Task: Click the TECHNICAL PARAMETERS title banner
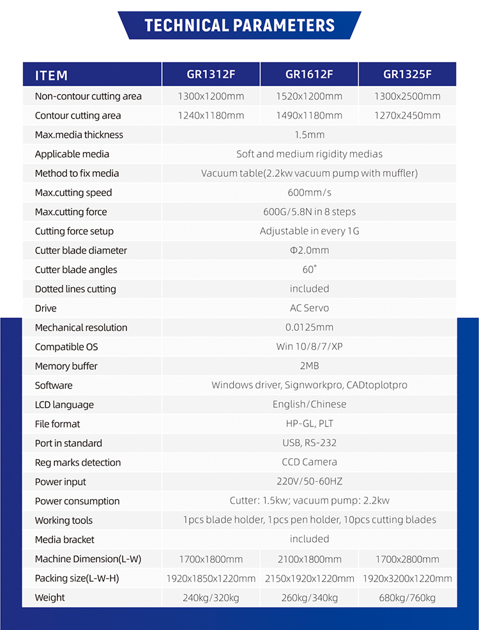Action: point(240,26)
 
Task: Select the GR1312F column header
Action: point(211,74)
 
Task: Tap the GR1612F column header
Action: point(309,74)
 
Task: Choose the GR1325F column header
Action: point(407,74)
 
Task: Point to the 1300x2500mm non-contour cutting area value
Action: point(407,96)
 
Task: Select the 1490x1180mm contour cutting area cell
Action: point(309,116)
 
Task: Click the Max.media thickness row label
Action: point(79,135)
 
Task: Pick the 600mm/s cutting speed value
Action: point(309,193)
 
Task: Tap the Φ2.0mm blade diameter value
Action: point(309,250)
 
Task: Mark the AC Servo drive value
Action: point(309,308)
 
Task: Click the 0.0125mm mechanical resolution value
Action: point(309,327)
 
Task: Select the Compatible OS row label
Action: point(66,347)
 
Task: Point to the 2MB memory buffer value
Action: point(309,366)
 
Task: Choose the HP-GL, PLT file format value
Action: point(309,424)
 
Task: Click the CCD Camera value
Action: point(309,462)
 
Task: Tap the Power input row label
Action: point(61,482)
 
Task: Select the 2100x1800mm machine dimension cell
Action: point(309,559)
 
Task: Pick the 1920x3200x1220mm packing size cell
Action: point(407,578)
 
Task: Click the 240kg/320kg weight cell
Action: point(211,597)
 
